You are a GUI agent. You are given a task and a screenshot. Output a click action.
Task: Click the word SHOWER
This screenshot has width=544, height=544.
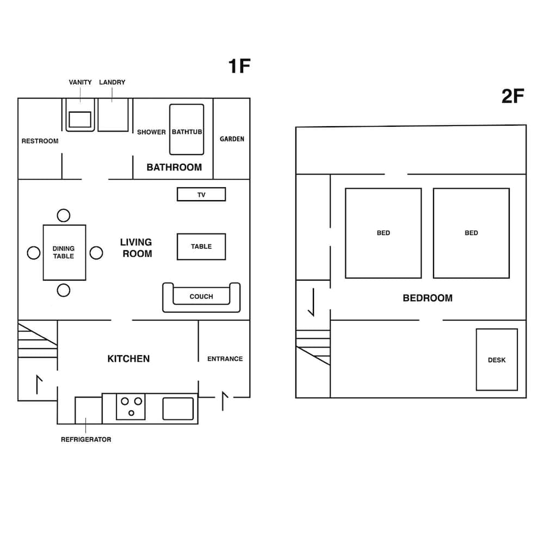[151, 132]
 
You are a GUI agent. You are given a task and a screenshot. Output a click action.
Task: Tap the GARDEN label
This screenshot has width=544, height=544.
[232, 139]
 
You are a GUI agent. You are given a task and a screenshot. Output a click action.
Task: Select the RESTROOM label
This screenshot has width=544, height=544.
[40, 141]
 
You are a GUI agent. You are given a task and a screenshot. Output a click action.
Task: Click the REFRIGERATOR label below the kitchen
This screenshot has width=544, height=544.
[86, 439]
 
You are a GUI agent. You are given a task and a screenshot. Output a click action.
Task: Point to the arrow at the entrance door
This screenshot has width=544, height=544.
[225, 401]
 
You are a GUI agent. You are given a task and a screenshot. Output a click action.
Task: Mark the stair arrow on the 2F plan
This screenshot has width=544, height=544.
[313, 302]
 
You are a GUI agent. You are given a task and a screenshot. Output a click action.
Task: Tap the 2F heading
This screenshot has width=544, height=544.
[513, 96]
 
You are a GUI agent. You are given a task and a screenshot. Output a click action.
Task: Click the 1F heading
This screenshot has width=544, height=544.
[239, 66]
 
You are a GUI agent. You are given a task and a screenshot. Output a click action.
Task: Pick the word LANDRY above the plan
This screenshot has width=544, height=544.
[112, 82]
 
